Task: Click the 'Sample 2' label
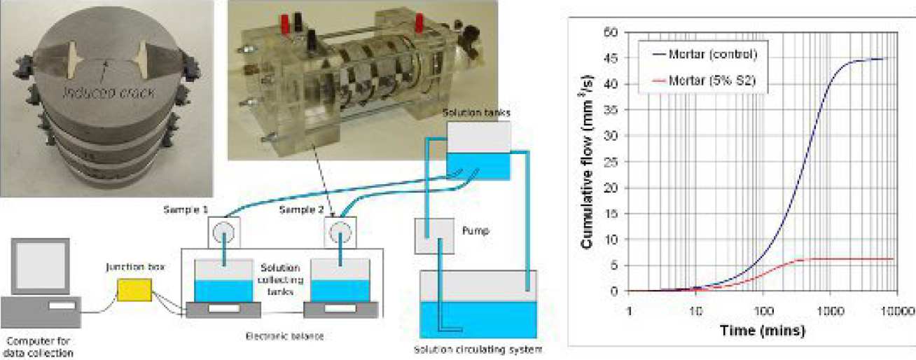pyautogui.click(x=300, y=209)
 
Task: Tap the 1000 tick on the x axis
pyautogui.click(x=831, y=309)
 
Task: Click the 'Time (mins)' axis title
pyautogui.click(x=763, y=328)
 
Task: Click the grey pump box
pyautogui.click(x=435, y=236)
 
